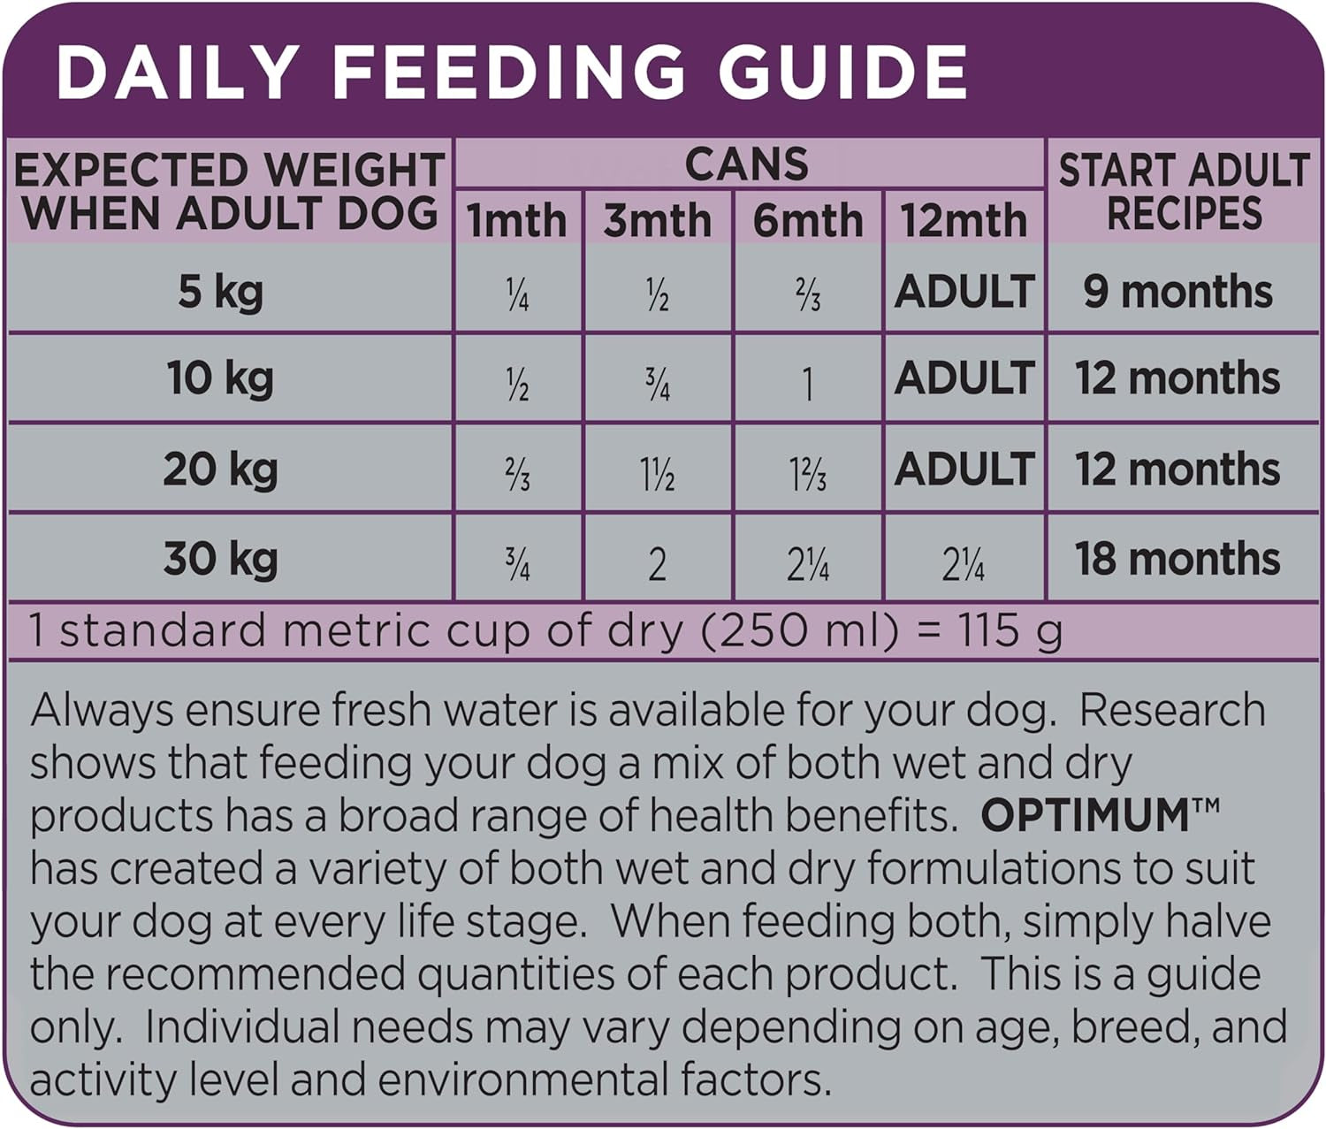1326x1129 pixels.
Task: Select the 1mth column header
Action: pyautogui.click(x=517, y=220)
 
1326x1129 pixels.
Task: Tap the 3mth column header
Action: pyautogui.click(x=658, y=220)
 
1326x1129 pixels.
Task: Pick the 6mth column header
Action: pyautogui.click(x=808, y=220)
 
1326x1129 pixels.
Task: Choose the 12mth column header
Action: pyautogui.click(x=964, y=220)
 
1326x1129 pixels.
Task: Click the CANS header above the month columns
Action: pyautogui.click(x=747, y=164)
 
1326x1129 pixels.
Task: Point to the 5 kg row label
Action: pyautogui.click(x=221, y=291)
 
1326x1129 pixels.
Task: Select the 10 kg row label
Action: pyautogui.click(x=221, y=378)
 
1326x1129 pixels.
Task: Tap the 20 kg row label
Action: pyautogui.click(x=221, y=469)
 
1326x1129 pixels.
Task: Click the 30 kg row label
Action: pyautogui.click(x=221, y=559)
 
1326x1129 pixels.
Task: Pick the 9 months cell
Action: pyautogui.click(x=1178, y=291)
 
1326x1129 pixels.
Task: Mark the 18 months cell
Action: pyautogui.click(x=1178, y=559)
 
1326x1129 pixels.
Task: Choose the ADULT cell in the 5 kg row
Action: pyautogui.click(x=964, y=291)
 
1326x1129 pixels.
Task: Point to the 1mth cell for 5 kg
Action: pyautogui.click(x=518, y=295)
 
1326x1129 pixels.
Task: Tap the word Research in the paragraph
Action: pyautogui.click(x=1172, y=711)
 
